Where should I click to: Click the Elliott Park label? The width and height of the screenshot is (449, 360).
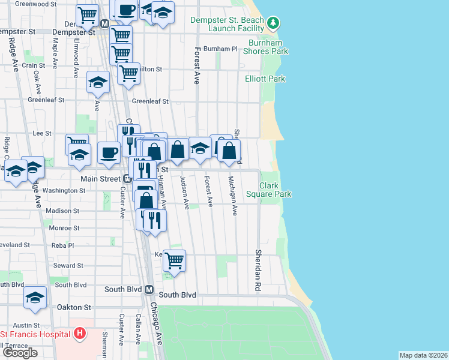(265, 79)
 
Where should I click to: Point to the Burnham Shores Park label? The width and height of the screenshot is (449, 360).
(265, 47)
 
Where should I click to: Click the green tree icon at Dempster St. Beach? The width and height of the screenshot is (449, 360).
(274, 23)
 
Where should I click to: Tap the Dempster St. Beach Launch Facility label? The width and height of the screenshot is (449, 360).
(227, 24)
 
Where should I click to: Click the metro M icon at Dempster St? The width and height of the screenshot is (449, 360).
(104, 23)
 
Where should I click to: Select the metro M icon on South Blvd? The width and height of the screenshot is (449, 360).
(150, 290)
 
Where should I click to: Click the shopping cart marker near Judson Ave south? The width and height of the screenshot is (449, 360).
(174, 261)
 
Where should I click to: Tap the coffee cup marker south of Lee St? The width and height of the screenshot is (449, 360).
(109, 152)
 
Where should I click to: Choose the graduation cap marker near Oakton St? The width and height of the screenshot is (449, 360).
(35, 298)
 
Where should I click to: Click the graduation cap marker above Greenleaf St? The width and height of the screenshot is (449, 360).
(98, 83)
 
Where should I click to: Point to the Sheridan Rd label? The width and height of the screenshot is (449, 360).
(259, 262)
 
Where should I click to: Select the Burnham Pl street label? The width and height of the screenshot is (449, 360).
(221, 49)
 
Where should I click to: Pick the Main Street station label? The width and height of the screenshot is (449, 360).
(101, 179)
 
